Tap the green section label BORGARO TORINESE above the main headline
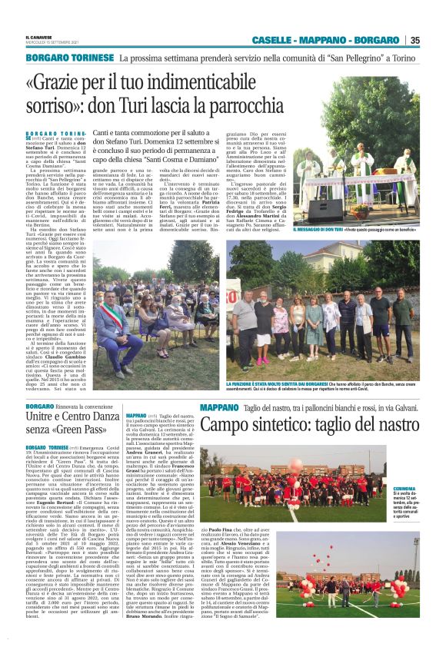[x=70, y=58]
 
